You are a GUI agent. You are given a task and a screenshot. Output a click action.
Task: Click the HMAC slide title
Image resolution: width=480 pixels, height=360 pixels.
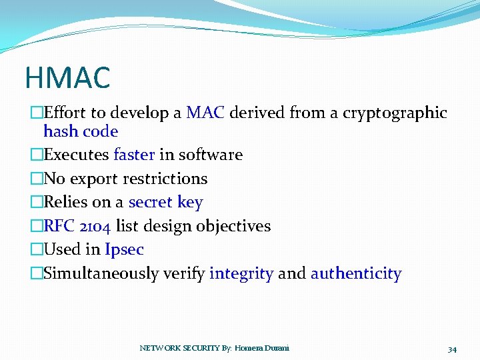67,77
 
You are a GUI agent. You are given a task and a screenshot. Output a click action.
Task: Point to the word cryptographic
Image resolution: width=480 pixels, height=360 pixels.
395,113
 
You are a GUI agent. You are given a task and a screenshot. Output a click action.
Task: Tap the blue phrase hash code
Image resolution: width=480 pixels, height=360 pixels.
81,131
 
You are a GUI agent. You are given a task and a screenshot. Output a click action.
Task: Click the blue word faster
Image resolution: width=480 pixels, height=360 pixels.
134,155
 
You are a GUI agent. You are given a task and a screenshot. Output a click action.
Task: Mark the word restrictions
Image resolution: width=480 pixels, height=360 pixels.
167,179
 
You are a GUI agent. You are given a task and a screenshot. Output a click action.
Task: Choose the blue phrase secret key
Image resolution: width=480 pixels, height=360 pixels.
165,202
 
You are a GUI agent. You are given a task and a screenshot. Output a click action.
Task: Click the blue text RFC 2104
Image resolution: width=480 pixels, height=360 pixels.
77,226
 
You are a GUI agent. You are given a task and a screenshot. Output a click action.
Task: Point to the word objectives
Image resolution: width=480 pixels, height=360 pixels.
233,226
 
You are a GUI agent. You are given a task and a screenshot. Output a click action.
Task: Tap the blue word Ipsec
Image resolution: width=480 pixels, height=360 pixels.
124,250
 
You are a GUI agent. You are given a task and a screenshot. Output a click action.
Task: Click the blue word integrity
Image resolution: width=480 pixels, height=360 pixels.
241,273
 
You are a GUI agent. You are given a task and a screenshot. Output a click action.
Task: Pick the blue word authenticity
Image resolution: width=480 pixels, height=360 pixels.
356,273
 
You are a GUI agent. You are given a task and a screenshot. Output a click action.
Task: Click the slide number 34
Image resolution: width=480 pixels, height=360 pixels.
452,349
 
